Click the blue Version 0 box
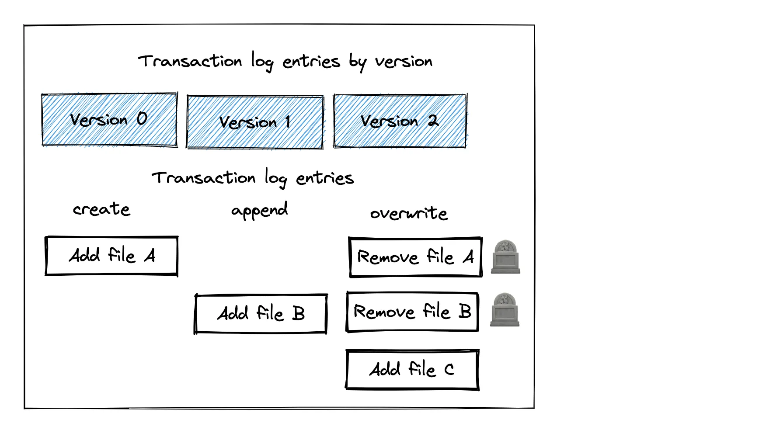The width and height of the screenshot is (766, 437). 109,119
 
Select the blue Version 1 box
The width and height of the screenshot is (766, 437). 255,122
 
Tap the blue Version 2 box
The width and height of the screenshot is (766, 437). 400,121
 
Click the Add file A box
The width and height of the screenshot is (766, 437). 111,256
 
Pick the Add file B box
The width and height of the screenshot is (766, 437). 261,314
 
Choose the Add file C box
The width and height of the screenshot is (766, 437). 412,369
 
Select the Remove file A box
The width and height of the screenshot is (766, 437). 415,257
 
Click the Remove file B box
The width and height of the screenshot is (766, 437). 412,312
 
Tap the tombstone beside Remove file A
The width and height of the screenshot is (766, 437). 505,257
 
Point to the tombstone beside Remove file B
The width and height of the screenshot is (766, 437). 505,310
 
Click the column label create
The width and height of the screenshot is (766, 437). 101,209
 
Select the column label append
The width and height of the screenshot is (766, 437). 259,211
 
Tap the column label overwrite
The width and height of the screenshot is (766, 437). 409,213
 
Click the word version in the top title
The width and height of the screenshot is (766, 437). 404,62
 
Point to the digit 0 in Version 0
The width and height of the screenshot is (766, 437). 142,118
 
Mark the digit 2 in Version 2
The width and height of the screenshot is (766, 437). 433,120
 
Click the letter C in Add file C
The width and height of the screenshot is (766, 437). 449,370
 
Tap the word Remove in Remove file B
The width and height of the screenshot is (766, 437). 384,312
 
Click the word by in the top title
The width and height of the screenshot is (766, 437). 357,62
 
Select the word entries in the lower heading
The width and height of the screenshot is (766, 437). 324,178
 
